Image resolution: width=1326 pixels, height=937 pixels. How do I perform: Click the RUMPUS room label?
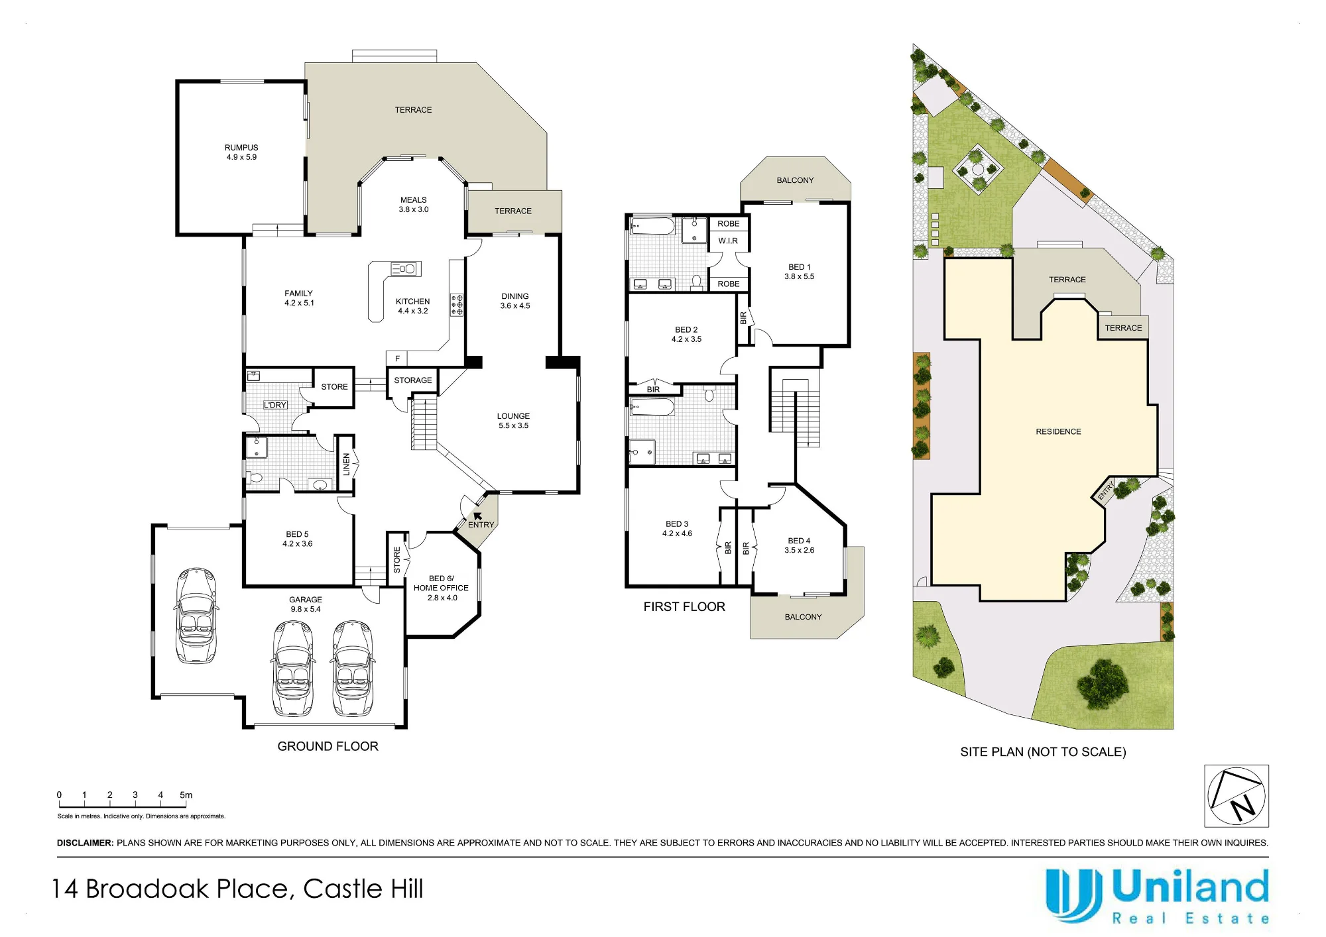(241, 152)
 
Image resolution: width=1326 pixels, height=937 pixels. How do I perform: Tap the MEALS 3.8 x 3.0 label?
(414, 205)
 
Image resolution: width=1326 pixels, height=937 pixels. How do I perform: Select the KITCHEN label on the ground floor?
(413, 302)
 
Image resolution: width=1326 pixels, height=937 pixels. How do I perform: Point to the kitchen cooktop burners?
(457, 305)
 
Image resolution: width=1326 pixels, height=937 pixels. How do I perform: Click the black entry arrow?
(477, 516)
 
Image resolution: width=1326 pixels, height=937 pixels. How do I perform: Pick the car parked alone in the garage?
(196, 616)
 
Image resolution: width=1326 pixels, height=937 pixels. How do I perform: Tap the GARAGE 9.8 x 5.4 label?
(306, 604)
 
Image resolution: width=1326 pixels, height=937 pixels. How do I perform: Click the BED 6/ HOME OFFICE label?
(441, 588)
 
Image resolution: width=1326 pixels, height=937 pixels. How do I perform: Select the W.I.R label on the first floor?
(728, 241)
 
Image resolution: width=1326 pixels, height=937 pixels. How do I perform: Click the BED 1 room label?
(800, 272)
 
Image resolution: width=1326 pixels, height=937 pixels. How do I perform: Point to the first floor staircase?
(795, 412)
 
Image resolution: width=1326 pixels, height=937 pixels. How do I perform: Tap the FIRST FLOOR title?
(684, 607)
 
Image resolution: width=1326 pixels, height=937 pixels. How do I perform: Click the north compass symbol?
(1236, 796)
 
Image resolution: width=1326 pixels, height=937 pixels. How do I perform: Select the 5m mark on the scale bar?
(186, 795)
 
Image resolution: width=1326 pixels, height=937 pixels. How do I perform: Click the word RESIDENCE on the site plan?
(1058, 432)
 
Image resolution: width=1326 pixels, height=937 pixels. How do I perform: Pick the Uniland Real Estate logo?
(1157, 897)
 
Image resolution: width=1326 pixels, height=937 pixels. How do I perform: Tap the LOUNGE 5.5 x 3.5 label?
(514, 421)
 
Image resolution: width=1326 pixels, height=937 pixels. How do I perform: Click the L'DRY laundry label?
(275, 405)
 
